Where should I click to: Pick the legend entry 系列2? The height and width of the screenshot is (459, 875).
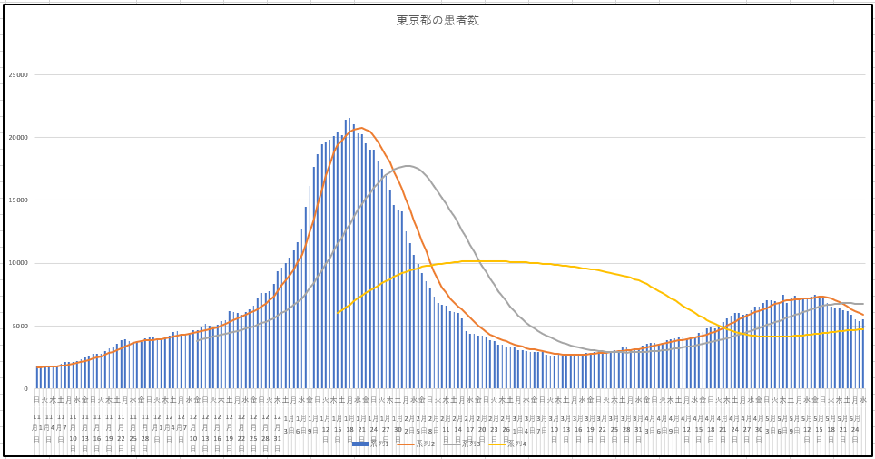pyautogui.click(x=418, y=444)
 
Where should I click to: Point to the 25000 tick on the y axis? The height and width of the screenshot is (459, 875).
pyautogui.click(x=18, y=74)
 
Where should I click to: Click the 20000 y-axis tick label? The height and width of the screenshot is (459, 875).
pyautogui.click(x=18, y=137)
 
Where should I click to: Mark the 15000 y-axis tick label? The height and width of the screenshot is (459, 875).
pyautogui.click(x=18, y=200)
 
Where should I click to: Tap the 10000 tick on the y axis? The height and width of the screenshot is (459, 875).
pyautogui.click(x=18, y=263)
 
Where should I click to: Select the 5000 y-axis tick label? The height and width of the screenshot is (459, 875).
pyautogui.click(x=20, y=326)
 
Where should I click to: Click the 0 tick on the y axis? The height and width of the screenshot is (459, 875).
pyautogui.click(x=26, y=388)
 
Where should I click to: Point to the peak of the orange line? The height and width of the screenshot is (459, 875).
pyautogui.click(x=362, y=128)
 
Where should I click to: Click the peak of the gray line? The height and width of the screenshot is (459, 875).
pyautogui.click(x=408, y=166)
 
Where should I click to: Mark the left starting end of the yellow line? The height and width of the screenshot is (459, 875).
pyautogui.click(x=338, y=313)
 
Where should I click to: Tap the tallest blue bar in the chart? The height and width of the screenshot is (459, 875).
pyautogui.click(x=349, y=119)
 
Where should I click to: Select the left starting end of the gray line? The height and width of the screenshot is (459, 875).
pyautogui.click(x=198, y=340)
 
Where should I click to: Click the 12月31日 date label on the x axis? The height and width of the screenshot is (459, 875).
pyautogui.click(x=277, y=426)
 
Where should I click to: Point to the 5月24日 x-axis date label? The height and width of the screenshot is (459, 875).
pyautogui.click(x=855, y=426)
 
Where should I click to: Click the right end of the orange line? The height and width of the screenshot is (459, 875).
pyautogui.click(x=863, y=315)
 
